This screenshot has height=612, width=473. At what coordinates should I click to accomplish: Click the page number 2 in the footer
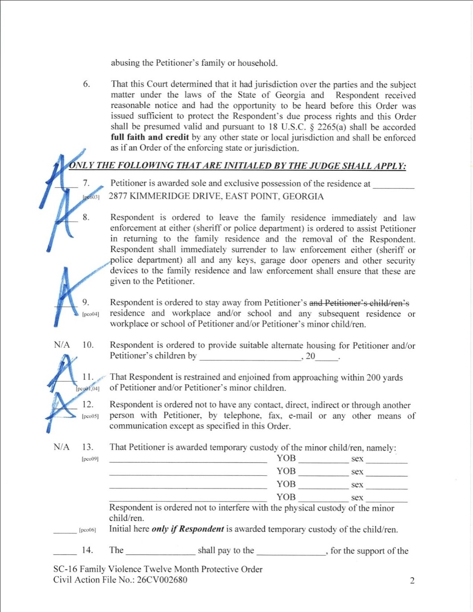pos(412,580)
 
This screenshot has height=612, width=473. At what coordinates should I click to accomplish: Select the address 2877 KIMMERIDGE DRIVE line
pos(216,196)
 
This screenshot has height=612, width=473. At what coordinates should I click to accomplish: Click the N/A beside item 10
pos(62,345)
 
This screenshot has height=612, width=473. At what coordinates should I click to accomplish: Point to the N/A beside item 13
pos(61,447)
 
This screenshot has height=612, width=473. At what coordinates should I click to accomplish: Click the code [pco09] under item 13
pos(90,459)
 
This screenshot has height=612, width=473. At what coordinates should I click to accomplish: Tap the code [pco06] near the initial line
pos(87,530)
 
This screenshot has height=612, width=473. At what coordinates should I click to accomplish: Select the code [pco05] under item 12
pos(90,416)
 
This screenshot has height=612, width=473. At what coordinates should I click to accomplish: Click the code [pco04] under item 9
pos(90,314)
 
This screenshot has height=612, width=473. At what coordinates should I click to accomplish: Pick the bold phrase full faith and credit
pos(150,137)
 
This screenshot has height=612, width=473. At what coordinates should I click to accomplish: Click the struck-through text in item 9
pos(359,303)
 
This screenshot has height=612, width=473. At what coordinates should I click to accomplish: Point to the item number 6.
pos(86,84)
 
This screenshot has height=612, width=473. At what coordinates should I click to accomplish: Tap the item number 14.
pos(87,550)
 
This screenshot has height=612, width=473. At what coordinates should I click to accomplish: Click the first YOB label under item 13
pos(286,458)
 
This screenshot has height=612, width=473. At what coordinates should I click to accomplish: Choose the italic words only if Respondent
pos(187,529)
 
